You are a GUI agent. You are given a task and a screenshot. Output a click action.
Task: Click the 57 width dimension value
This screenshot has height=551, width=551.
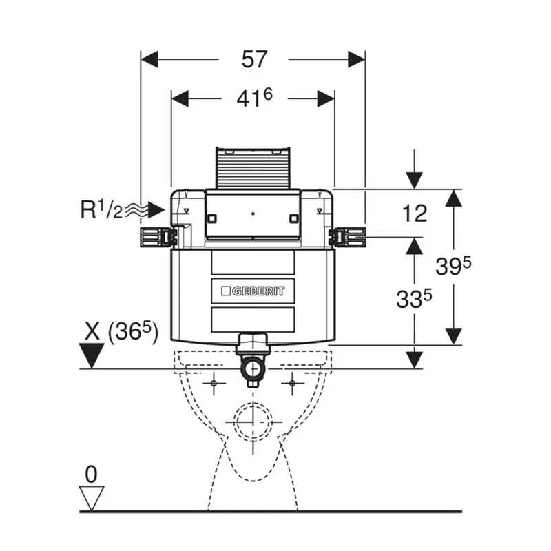coord(254,59)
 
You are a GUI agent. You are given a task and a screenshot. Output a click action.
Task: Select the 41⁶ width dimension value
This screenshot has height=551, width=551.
coord(254,98)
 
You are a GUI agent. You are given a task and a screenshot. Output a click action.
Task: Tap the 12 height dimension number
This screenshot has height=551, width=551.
coord(415,213)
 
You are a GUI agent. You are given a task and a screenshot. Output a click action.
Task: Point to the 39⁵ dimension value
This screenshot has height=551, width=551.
coord(453,266)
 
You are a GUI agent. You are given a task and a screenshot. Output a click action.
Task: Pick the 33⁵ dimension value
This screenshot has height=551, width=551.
coord(414,299)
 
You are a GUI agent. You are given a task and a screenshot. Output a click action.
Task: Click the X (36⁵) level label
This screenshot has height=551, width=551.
coord(122,331)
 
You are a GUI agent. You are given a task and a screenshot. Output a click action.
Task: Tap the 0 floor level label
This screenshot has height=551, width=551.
coord(91,475)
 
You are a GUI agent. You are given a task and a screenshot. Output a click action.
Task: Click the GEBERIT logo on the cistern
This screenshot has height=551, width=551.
coord(253,291)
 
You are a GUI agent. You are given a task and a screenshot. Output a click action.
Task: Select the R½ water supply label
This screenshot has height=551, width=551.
coord(101,209)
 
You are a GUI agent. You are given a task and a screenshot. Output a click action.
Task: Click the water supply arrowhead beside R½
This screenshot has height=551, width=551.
coord(156,210)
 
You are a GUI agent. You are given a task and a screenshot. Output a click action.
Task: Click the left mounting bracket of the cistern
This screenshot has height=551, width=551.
coord(158,237)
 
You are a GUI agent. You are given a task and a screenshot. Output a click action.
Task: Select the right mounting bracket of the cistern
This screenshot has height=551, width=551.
coord(347,237)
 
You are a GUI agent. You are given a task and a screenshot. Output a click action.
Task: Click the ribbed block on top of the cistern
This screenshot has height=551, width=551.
coord(253,168)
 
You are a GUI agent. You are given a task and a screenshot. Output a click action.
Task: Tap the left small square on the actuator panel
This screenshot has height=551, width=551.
coord(212,218)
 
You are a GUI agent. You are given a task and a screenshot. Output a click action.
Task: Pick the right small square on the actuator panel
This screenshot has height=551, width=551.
coord(294,218)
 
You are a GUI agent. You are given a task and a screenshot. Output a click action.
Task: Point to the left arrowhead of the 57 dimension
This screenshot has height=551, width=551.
coord(149,59)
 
